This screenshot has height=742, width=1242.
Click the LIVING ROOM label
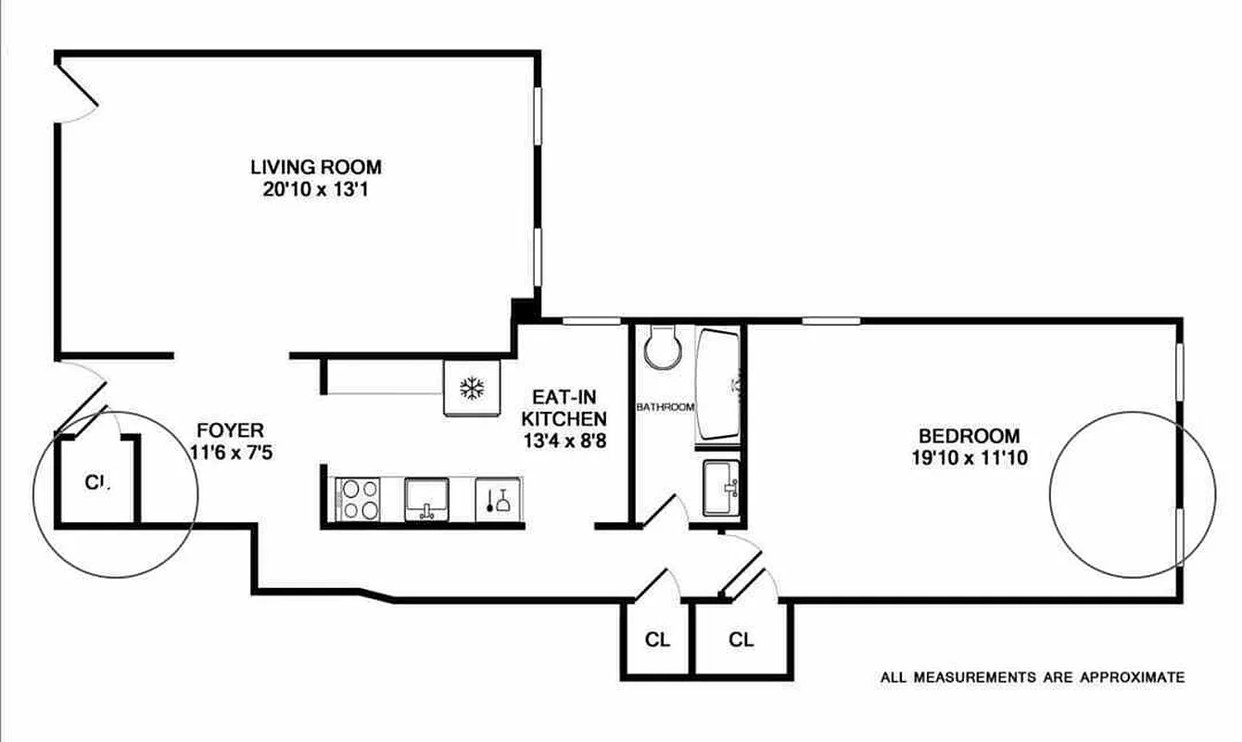(x=316, y=168)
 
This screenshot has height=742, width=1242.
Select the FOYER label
(x=231, y=430)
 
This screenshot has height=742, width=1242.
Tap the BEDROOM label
(x=969, y=435)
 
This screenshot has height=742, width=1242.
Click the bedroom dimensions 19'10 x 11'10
(x=969, y=457)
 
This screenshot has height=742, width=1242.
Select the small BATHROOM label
(x=665, y=407)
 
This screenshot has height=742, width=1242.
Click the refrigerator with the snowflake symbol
(x=473, y=388)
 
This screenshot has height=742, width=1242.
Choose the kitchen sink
(x=427, y=498)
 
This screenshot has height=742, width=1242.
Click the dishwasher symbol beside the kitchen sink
(x=499, y=499)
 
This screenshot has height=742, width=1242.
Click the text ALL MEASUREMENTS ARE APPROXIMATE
(x=1032, y=678)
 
